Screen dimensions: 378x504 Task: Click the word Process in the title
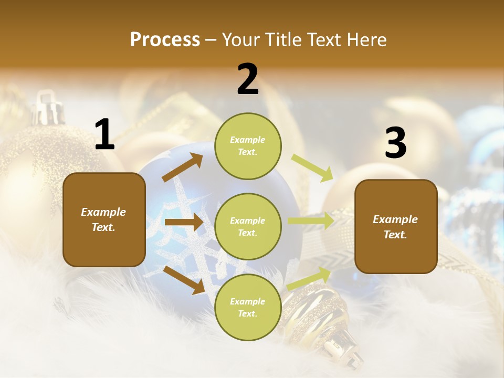165,40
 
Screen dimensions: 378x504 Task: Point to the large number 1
104,135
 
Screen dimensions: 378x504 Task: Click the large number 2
248,79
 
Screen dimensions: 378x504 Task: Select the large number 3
395,144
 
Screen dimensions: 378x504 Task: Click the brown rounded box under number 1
104,219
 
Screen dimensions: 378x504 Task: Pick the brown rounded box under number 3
396,226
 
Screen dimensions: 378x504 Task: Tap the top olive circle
248,146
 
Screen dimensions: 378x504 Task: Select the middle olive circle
248,226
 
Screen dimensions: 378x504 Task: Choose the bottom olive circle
248,307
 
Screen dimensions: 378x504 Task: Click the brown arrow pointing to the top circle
182,167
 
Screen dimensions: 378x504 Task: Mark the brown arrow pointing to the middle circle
183,222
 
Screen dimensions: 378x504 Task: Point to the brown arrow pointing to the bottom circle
184,280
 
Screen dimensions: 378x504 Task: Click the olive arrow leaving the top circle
312,167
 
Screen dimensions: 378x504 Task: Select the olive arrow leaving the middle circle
311,221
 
